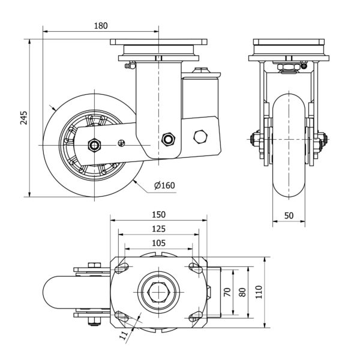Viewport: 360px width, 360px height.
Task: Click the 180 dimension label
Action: (x=101, y=25)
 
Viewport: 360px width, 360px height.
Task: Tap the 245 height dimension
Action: (x=23, y=118)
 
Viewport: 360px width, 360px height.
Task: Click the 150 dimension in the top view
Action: (x=158, y=214)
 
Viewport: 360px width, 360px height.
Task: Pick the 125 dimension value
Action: (x=158, y=229)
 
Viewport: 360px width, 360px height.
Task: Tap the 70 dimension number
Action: (x=227, y=292)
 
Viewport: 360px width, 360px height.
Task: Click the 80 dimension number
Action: (x=242, y=292)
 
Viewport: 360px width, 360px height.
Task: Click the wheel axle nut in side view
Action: (x=94, y=145)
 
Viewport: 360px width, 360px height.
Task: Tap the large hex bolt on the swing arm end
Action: (x=200, y=136)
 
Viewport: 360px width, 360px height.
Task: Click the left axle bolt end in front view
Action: (x=253, y=142)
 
